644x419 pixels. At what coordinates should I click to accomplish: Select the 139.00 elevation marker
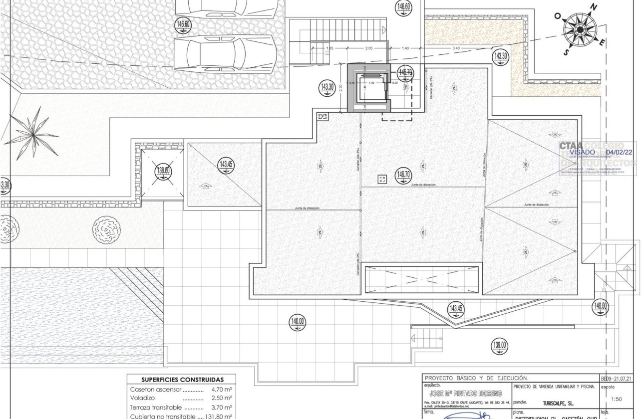(499, 345)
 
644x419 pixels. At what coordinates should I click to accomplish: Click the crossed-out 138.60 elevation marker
(164, 171)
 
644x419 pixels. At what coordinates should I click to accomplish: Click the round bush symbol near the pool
(106, 229)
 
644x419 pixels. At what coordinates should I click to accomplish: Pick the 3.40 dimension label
(456, 48)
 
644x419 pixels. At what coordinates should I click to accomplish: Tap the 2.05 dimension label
(369, 48)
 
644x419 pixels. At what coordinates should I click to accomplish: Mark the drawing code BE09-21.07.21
(616, 379)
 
